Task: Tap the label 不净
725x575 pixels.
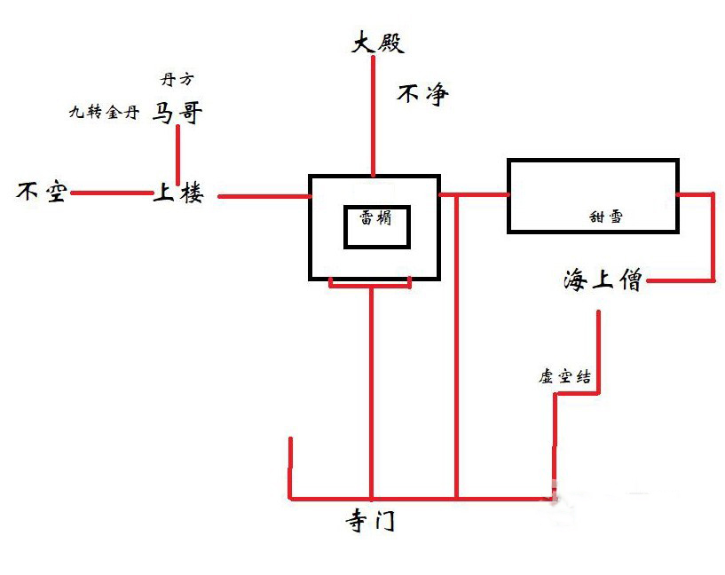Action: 422,94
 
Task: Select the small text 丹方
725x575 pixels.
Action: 176,79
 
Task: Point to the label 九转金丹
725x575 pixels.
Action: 104,113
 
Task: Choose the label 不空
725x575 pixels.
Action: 42,192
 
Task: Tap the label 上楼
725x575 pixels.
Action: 177,193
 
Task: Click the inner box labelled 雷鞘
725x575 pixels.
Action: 377,226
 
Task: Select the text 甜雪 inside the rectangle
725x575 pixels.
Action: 606,215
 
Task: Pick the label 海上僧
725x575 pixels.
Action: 602,281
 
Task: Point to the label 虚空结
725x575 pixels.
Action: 564,376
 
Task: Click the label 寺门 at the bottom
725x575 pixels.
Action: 369,522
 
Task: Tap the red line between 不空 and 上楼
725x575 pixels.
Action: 111,193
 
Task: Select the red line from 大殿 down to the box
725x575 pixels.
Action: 374,115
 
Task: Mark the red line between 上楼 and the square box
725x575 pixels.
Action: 262,195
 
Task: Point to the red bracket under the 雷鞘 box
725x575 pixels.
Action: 370,283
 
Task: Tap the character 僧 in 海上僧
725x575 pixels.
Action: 627,281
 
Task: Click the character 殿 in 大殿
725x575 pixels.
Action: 390,42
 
